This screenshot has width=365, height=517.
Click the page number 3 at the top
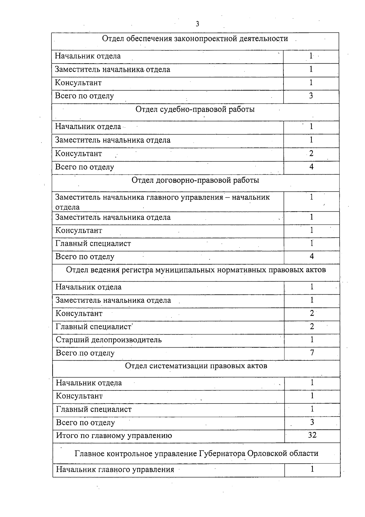(197, 24)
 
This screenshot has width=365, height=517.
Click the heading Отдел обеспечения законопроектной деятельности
(195, 39)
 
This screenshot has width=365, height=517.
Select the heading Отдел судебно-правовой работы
(195, 109)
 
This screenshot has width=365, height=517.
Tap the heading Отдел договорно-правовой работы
(195, 180)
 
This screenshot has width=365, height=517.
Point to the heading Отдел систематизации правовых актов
(196, 366)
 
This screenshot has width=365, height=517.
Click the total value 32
(312, 435)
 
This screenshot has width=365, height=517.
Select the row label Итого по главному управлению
(114, 435)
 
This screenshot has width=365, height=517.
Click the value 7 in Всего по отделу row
(312, 353)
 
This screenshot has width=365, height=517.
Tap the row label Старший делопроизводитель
(109, 340)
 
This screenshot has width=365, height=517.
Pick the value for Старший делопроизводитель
(312, 340)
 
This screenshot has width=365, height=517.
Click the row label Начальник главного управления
(115, 469)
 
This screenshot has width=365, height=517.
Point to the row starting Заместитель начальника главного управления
(162, 198)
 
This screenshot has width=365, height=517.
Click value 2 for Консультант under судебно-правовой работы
(311, 154)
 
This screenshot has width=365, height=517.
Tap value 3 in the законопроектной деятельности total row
(311, 96)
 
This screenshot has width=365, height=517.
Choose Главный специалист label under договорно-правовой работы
(93, 244)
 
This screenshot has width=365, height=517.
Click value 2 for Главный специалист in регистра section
(312, 327)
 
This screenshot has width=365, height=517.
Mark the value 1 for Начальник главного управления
(312, 469)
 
